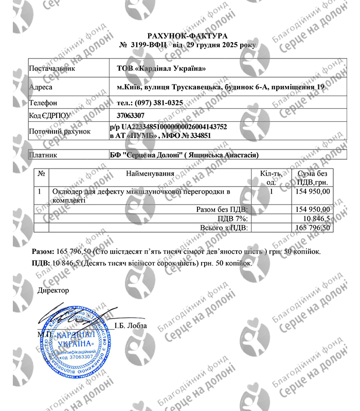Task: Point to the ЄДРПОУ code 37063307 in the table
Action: (131, 116)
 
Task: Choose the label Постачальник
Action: (52, 68)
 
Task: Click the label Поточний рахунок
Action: (60, 132)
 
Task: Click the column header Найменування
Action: (150, 174)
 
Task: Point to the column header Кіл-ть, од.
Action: (271, 178)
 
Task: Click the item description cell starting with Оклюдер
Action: (140, 195)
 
